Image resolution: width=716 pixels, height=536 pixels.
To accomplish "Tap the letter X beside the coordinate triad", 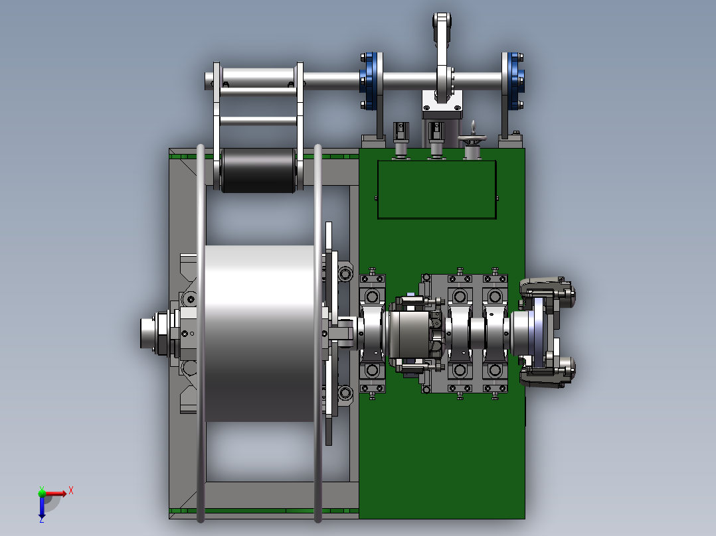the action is pyautogui.click(x=71, y=491).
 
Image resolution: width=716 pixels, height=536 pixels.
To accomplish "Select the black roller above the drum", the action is pyautogui.click(x=258, y=170).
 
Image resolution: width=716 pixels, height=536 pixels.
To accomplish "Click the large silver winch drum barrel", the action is pyautogui.click(x=259, y=334).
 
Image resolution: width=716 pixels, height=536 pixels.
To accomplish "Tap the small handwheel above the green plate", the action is pyautogui.click(x=473, y=139).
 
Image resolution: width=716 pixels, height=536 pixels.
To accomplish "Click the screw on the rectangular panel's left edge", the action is pyautogui.click(x=376, y=198).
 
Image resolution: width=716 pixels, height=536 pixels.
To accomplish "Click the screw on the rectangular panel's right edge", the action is pyautogui.click(x=497, y=198).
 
